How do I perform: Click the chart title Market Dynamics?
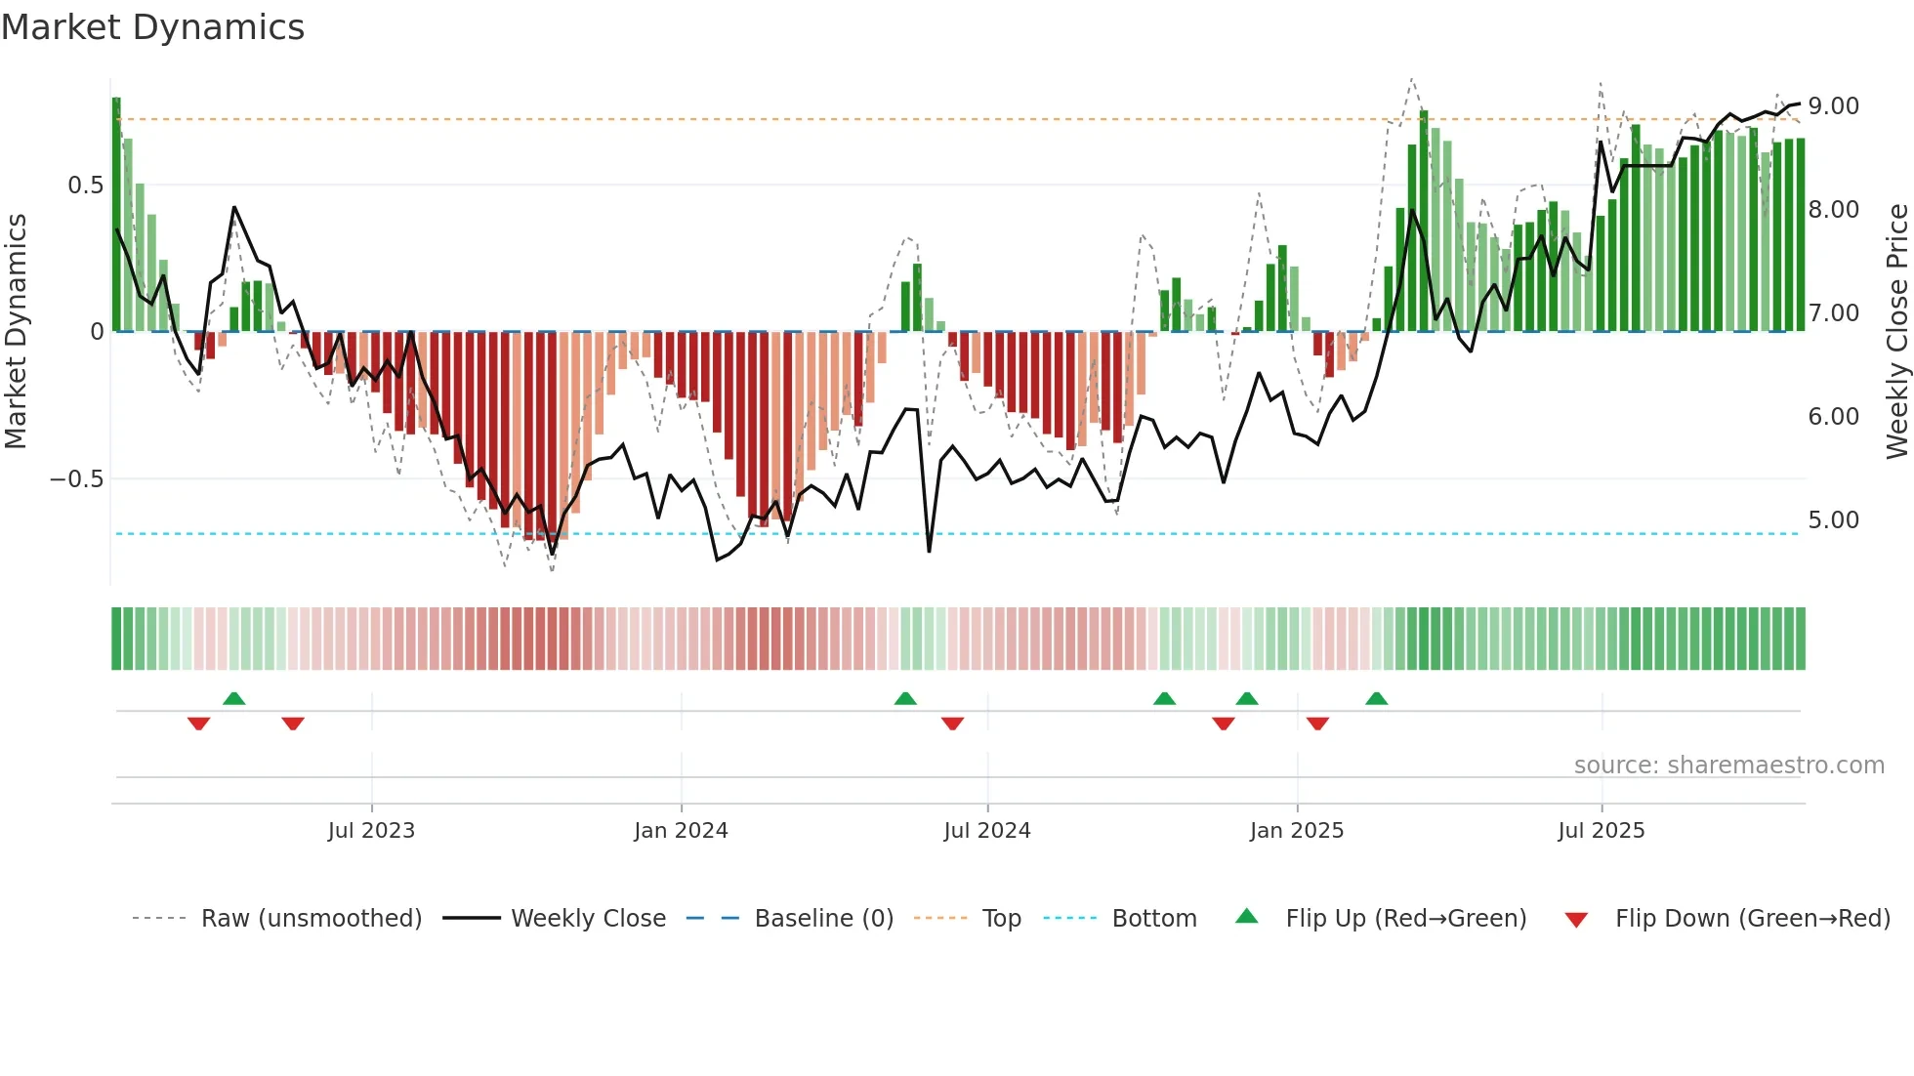[153, 27]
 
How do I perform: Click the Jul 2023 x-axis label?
[371, 831]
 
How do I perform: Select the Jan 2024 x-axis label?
[681, 831]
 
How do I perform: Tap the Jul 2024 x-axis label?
[987, 831]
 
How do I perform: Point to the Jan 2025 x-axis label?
[1297, 831]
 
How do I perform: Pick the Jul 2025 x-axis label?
[1602, 831]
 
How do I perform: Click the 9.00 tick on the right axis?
[1833, 105]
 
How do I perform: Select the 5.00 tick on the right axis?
[1833, 519]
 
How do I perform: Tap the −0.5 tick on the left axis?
[77, 479]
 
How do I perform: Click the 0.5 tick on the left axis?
[85, 186]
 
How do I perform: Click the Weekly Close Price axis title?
[1896, 331]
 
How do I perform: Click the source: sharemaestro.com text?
[1728, 766]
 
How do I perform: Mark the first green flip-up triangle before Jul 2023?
[233, 698]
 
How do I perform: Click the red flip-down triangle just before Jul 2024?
[952, 724]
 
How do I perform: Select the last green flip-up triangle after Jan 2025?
[1376, 698]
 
